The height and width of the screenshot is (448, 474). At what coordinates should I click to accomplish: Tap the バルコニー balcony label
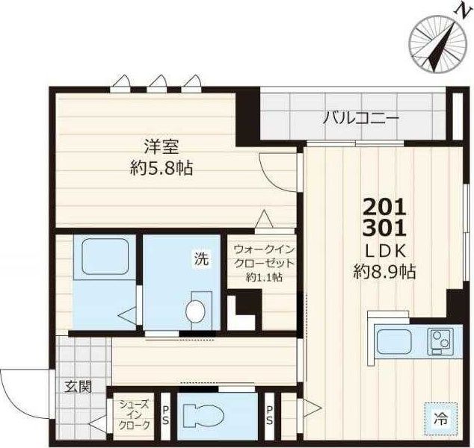[361, 117]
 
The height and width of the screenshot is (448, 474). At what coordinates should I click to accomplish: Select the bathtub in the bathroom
[102, 258]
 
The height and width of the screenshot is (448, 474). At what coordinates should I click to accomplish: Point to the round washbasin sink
[196, 311]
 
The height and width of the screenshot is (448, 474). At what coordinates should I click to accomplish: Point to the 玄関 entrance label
[77, 387]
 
